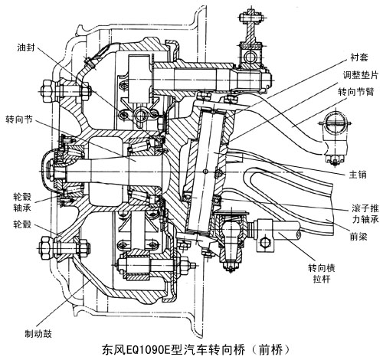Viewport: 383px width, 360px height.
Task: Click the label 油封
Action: coord(26,47)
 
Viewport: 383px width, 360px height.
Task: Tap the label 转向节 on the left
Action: coord(20,119)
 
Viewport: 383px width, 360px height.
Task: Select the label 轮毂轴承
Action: coord(22,202)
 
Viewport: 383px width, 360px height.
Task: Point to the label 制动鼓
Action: coord(38,333)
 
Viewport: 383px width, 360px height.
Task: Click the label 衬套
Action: coord(359,57)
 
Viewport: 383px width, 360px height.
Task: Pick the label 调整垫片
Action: coord(360,74)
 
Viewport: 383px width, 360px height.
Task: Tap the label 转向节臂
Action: coord(356,91)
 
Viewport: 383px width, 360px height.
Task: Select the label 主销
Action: coord(358,175)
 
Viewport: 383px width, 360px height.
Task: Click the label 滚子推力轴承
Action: coord(365,214)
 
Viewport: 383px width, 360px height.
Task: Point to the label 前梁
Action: coord(358,237)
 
